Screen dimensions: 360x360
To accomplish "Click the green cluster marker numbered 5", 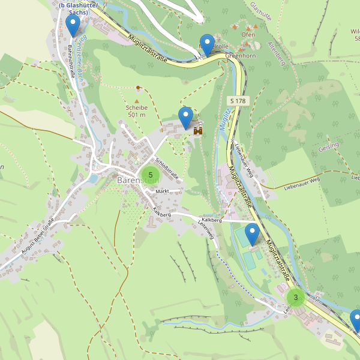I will click(150, 175).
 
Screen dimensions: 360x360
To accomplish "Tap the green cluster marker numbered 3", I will click(296, 297).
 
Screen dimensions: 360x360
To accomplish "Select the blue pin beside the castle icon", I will click(186, 118).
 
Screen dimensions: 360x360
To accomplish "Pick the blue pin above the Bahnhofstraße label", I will click(73, 26).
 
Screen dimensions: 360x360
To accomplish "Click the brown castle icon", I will click(198, 128).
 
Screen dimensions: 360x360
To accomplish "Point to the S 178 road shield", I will click(238, 101).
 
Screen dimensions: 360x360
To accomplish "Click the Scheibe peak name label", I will click(137, 107).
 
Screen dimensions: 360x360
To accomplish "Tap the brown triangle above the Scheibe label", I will click(137, 101).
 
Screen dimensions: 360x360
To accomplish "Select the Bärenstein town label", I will click(133, 179).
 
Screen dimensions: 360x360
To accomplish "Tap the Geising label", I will click(328, 147).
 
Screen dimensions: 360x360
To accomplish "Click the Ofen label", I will click(248, 35).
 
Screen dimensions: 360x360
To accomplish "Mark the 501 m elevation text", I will click(137, 114).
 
